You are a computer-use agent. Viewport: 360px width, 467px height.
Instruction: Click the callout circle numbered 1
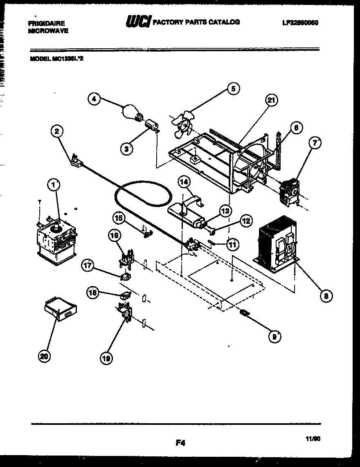pos(54,185)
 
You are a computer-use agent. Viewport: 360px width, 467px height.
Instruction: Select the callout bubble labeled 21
pos(271,99)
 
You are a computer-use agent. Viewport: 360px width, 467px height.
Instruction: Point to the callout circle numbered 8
pos(326,296)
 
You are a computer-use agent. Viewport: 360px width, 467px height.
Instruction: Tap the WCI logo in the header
pos(139,22)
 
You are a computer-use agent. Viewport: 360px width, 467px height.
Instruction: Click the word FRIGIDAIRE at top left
pos(47,23)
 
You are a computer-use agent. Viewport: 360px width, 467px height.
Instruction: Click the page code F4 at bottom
pos(180,442)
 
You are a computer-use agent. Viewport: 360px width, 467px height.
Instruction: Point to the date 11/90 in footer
pos(313,438)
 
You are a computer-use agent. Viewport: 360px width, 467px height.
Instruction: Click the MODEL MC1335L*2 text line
pos(57,58)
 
